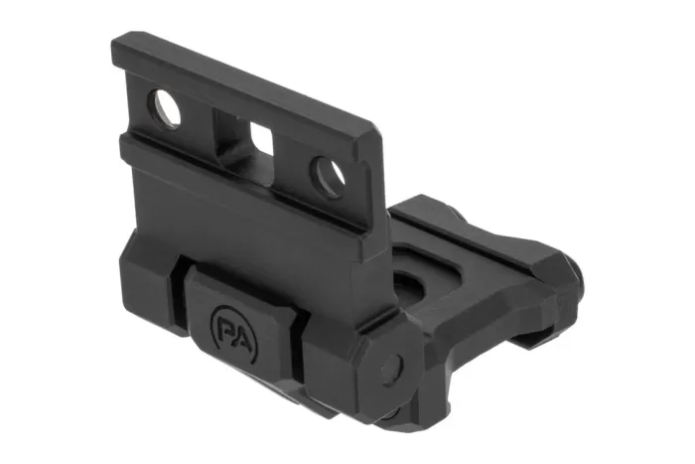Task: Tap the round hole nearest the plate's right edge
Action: click(x=328, y=177)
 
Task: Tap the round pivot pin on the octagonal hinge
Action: click(x=392, y=365)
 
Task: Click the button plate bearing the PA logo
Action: click(x=245, y=329)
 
